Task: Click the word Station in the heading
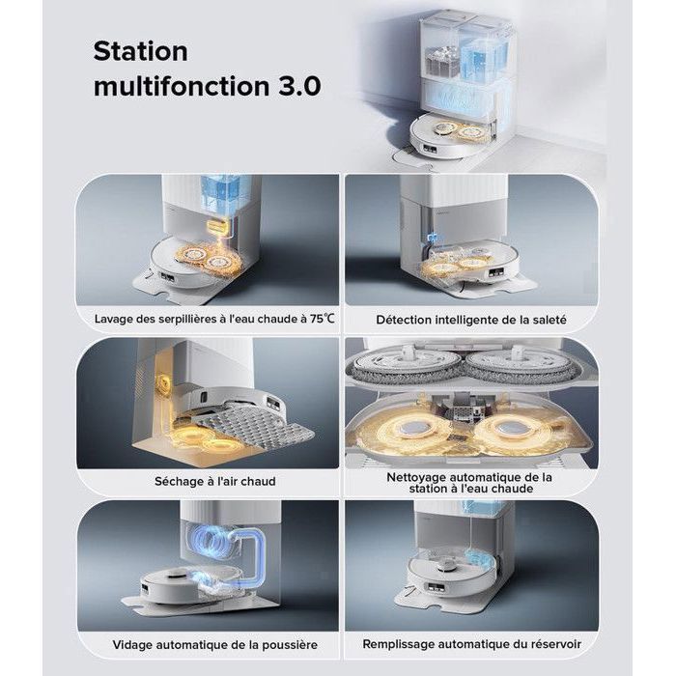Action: [x=141, y=51]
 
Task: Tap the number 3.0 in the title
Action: [x=299, y=86]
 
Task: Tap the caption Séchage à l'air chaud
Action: [x=215, y=481]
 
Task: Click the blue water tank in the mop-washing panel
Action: [x=225, y=195]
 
